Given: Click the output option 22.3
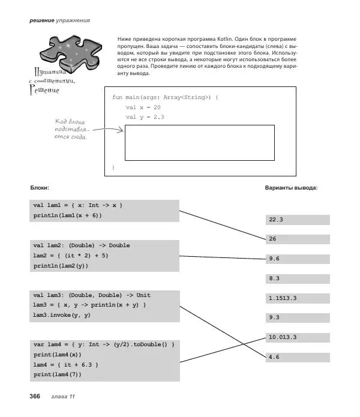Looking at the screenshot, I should tap(297, 220).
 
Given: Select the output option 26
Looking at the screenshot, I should tap(297, 239).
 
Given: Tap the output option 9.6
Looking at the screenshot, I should tap(297, 259).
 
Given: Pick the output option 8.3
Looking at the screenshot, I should tap(297, 278).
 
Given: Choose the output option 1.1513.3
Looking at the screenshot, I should tap(297, 298).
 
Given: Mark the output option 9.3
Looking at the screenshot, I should tap(297, 317).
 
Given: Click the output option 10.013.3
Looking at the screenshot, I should tap(297, 337).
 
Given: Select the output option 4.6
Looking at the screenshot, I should tap(297, 357).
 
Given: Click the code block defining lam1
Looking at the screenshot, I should tap(105, 211).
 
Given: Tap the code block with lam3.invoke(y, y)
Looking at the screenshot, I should tap(105, 305).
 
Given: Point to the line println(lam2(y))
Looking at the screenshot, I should tap(60, 266).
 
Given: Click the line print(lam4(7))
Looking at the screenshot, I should tap(57, 374).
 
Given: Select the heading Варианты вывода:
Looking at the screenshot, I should tap(291, 188).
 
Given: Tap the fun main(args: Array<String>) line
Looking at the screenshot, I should tap(165, 97).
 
